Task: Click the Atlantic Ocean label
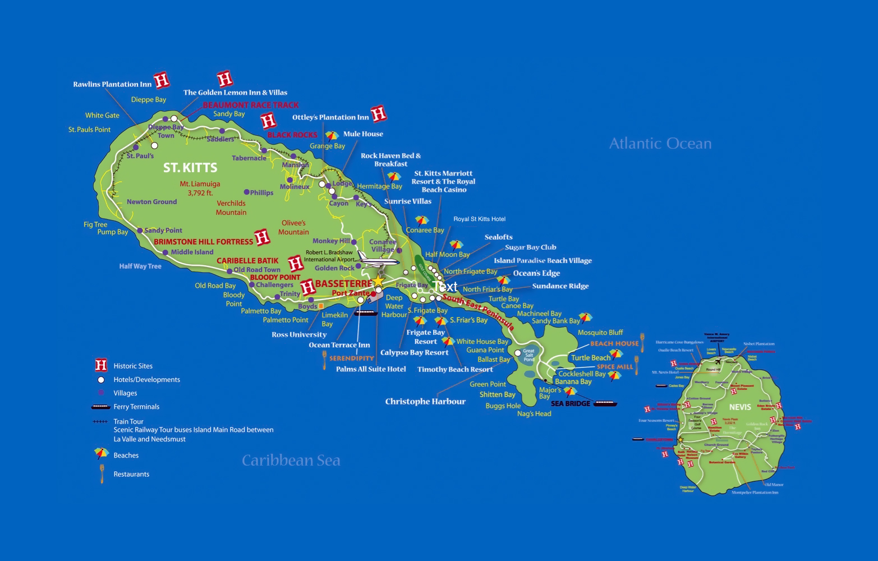coord(660,144)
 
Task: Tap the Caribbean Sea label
coord(291,461)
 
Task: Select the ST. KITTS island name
coord(190,168)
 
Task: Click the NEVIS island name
coord(740,407)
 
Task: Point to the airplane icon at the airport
coord(377,259)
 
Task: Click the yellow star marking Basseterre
coord(379,280)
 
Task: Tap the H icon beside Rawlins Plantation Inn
coord(162,81)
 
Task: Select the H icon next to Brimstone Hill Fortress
coord(262,238)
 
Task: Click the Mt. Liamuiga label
coord(200,184)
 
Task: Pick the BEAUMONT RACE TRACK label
coord(250,105)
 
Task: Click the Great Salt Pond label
coord(528,355)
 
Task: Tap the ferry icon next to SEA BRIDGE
coord(605,403)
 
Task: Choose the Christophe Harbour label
coord(425,402)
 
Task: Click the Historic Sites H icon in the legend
coord(101,366)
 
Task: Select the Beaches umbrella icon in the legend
coord(101,453)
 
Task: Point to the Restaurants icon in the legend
coord(102,473)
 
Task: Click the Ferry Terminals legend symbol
coord(101,407)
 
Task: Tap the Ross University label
coord(299,335)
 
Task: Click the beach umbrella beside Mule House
coord(332,136)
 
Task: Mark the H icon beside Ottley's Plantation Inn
coord(379,114)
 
